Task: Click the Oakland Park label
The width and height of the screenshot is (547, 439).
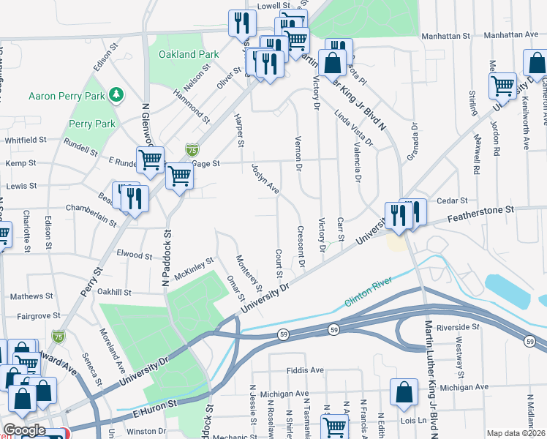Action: [189, 54]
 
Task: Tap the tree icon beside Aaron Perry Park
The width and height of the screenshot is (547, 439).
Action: [115, 94]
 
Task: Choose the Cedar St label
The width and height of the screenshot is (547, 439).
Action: [452, 200]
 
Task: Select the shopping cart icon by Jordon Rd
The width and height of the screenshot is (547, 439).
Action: [503, 86]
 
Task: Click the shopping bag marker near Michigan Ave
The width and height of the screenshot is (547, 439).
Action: [404, 392]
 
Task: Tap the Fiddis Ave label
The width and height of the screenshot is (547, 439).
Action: [305, 370]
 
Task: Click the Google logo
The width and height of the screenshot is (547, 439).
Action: [24, 430]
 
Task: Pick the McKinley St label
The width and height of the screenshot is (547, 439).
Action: [194, 269]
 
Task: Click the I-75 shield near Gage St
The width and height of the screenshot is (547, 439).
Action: [192, 149]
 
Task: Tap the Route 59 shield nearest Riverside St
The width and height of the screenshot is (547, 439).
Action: [529, 340]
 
